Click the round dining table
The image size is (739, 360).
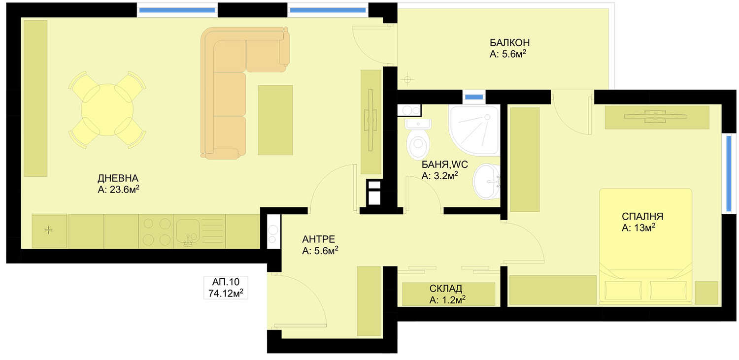pos(107,110)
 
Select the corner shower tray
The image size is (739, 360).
pos(474,130)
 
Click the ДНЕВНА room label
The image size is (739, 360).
pos(118,178)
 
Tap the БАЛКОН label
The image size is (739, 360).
pos(509,42)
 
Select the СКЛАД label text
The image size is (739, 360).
pos(445,289)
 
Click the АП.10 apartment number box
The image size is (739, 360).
pos(226,288)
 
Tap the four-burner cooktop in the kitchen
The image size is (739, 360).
pos(156,231)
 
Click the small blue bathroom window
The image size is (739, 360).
pos(474,97)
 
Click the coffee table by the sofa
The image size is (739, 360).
pos(275,120)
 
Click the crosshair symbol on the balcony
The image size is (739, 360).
pos(407,80)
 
